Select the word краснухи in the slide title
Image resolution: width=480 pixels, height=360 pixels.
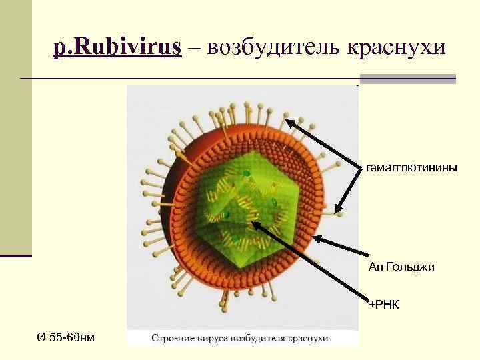[x=393, y=47]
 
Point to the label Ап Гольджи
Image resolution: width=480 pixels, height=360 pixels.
[x=401, y=267]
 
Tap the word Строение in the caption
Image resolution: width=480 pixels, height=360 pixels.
[x=172, y=338]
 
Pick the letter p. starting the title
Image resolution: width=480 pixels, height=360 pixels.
[x=59, y=49]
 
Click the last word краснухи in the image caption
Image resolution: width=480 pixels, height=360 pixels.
[x=309, y=338]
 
